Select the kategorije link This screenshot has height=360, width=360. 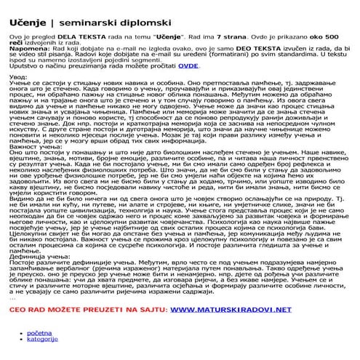pyautogui.click(x=43, y=339)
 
